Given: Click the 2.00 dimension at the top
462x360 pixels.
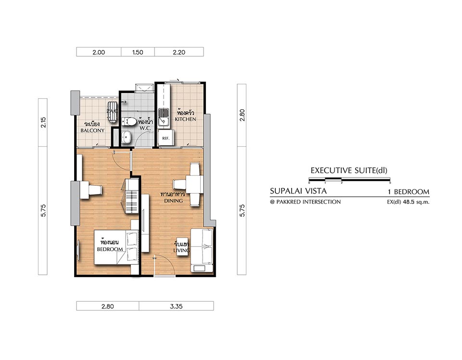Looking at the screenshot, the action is pos(98,52).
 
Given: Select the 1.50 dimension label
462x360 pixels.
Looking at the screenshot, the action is pos(138,52).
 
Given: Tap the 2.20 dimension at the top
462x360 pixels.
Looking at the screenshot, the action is pos(179,52).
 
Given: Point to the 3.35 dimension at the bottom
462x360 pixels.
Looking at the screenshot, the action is pos(176,307).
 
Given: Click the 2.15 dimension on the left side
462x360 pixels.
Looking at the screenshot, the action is pos(43,122).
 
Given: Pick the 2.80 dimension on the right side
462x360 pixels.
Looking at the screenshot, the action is pos(242,115).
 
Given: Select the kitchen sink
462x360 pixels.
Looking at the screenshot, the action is pos(163,116).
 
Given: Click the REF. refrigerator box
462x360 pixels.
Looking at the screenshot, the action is pos(166,138).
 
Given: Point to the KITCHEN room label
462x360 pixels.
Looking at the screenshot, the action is pos(185,119).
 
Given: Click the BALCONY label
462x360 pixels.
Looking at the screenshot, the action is pos(92,130).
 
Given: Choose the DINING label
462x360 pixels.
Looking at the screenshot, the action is pos(173,201).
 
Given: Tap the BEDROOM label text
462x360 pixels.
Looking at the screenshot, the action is pos(110,249).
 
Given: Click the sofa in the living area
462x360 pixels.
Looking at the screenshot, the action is pos(202,250).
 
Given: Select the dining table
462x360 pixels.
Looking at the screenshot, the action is pos(194,184).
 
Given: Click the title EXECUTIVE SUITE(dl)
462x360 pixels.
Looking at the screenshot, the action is pos(349,170).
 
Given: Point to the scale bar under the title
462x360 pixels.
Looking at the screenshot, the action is pos(349,179).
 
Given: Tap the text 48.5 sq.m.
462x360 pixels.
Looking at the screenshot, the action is pos(416,202).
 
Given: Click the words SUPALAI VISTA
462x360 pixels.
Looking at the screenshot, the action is pos(298,191).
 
